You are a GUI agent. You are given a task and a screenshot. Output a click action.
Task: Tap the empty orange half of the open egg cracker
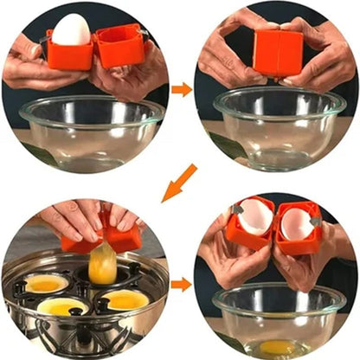(x=121, y=46)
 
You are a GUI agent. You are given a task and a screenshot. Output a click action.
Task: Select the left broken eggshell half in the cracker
(x=254, y=216)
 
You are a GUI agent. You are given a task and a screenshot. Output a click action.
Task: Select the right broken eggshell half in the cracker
(x=298, y=222)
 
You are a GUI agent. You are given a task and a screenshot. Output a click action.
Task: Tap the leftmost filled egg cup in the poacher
(x=46, y=284)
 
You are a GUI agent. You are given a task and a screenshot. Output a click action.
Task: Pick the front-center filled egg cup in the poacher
(x=63, y=306)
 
